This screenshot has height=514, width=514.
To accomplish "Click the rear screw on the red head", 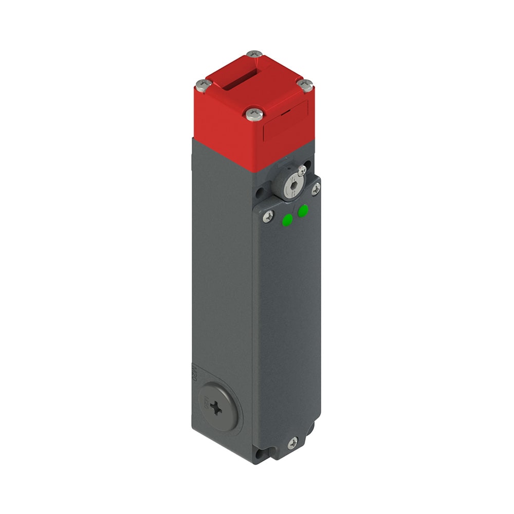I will pyautogui.click(x=254, y=54).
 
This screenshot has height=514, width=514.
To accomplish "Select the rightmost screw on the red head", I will pyautogui.click(x=306, y=85).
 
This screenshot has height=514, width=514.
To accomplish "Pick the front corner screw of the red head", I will pyautogui.click(x=254, y=114).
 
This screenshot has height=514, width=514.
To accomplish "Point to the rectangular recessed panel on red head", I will pyautogui.click(x=285, y=121).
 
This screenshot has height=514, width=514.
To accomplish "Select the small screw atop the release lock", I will pyautogui.click(x=302, y=170).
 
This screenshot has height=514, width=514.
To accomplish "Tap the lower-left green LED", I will pyautogui.click(x=287, y=220).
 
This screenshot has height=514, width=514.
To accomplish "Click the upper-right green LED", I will pyautogui.click(x=303, y=210).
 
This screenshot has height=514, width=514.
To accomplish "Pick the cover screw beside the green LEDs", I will pyautogui.click(x=268, y=216).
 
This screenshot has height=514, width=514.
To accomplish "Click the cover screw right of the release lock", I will pyautogui.click(x=316, y=189).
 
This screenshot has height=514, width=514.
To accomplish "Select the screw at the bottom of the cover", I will pyautogui.click(x=293, y=442).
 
